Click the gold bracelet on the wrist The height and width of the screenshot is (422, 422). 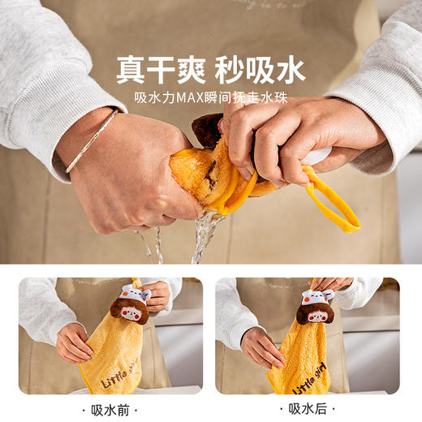pos(90,142)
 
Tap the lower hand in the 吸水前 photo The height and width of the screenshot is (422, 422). pos(73,344)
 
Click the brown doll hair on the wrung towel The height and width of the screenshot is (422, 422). pos(207,130)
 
